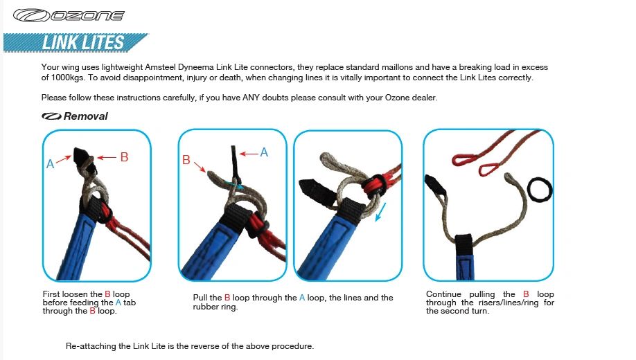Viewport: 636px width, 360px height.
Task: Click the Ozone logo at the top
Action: click(x=69, y=15)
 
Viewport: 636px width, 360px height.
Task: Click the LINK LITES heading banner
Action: click(x=83, y=43)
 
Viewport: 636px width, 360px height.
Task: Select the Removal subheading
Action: click(x=85, y=116)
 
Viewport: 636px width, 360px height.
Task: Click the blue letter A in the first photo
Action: click(x=51, y=164)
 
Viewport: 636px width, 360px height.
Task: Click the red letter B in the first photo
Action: click(x=124, y=157)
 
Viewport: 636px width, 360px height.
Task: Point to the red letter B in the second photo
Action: click(x=186, y=160)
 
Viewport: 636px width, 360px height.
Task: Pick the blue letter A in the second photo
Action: click(x=264, y=152)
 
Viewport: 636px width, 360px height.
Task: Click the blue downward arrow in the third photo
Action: click(x=379, y=213)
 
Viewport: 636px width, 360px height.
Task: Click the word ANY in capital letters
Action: click(x=252, y=98)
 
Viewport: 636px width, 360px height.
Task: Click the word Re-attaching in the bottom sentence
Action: click(x=90, y=345)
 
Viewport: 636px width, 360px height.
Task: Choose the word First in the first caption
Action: click(x=52, y=294)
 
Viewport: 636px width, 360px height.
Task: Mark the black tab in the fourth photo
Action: click(x=434, y=184)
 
